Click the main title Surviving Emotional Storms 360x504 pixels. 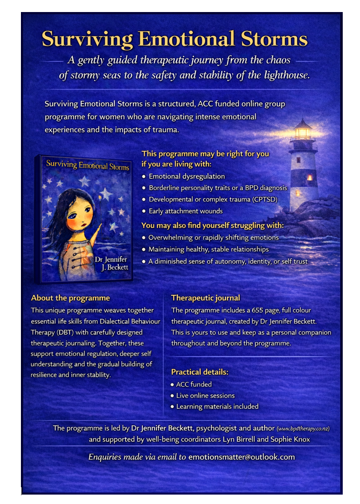(175, 39)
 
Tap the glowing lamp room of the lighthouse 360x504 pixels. (302, 130)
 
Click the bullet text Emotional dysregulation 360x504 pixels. (187, 176)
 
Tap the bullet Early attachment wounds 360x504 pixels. (186, 211)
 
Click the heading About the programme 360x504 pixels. (71, 298)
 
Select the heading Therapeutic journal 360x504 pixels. (206, 298)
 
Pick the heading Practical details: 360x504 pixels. (200, 372)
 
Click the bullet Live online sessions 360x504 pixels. (205, 395)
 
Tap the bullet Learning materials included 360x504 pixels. (217, 406)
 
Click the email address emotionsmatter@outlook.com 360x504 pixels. (241, 457)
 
